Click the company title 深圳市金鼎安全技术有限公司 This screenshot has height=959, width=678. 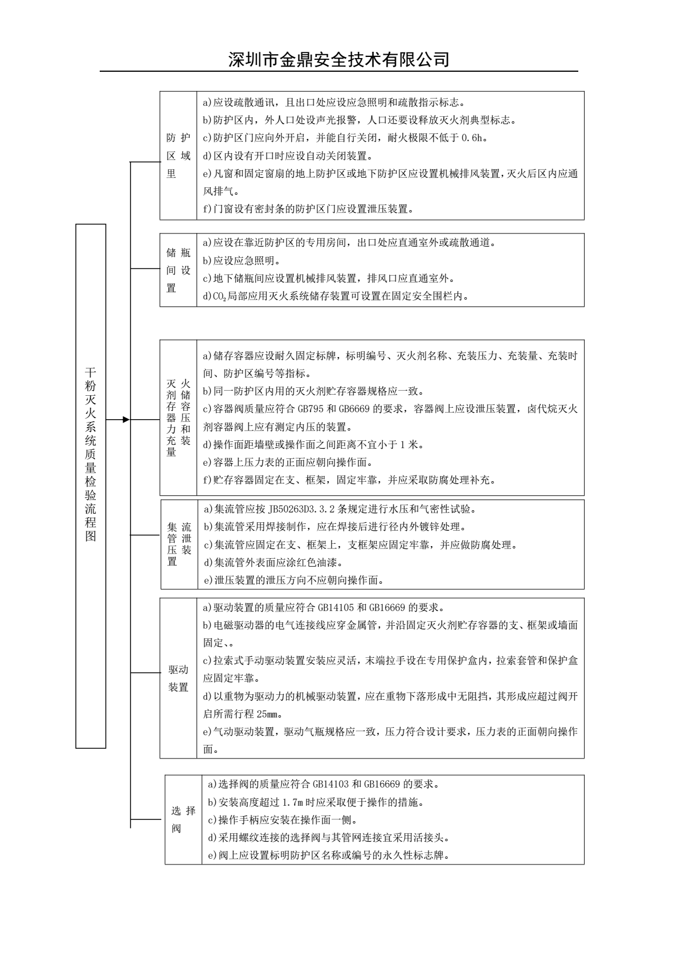(x=338, y=59)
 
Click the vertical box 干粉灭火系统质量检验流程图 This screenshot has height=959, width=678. (x=91, y=454)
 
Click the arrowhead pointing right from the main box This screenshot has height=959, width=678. (x=126, y=420)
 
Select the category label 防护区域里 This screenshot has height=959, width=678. (x=178, y=155)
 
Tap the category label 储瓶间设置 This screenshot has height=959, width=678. (x=178, y=271)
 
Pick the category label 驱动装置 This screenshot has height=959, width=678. (x=178, y=678)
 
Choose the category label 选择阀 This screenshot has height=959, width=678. (x=183, y=819)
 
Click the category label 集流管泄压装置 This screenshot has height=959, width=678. (x=179, y=544)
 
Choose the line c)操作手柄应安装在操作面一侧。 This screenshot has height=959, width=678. (x=282, y=820)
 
